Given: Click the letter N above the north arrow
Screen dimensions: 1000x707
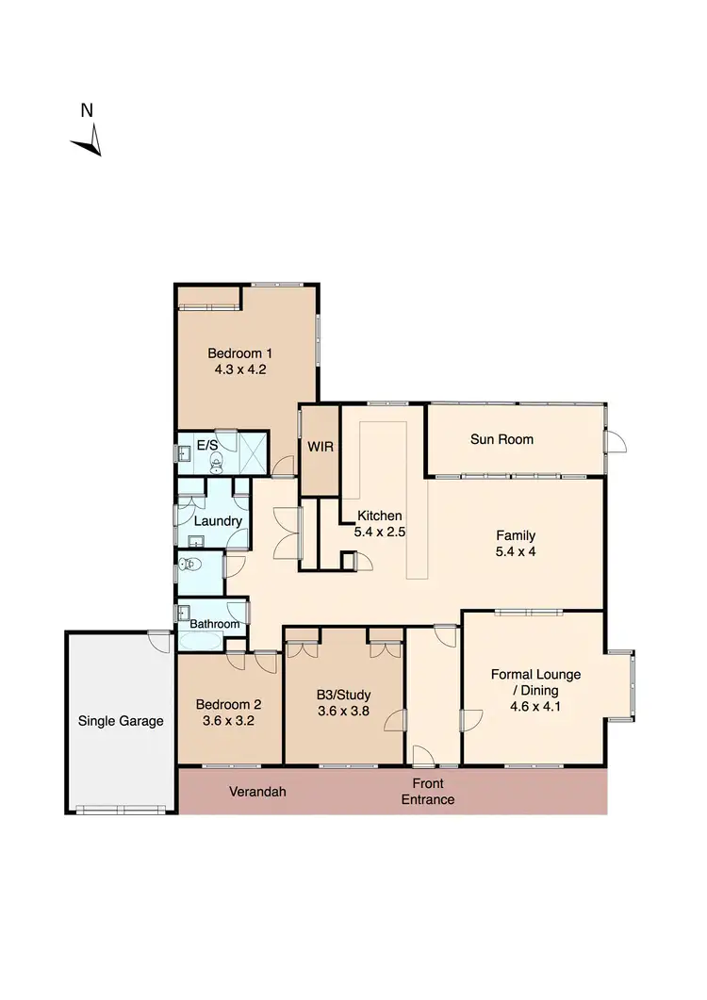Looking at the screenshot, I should (87, 110).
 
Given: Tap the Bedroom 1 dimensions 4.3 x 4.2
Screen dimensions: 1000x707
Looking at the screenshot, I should (240, 370).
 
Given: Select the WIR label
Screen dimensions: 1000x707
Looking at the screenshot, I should (317, 446).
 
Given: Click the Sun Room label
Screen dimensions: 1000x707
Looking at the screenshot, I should (501, 439).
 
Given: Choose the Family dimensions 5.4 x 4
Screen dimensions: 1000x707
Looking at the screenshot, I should (516, 552).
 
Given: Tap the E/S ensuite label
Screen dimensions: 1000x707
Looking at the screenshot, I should (206, 444).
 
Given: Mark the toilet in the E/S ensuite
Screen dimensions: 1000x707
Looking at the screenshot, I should (216, 461).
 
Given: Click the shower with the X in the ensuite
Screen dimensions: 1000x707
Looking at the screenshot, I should (253, 451).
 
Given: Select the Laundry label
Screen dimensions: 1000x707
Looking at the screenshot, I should (219, 521).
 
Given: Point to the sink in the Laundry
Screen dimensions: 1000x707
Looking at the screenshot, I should (196, 541).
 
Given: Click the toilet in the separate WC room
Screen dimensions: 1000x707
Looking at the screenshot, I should (189, 566).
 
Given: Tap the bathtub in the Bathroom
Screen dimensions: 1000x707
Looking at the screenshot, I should (201, 643).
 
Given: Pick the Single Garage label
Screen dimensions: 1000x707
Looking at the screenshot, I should (121, 721).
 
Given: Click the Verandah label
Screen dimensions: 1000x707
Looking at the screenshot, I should (257, 792).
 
